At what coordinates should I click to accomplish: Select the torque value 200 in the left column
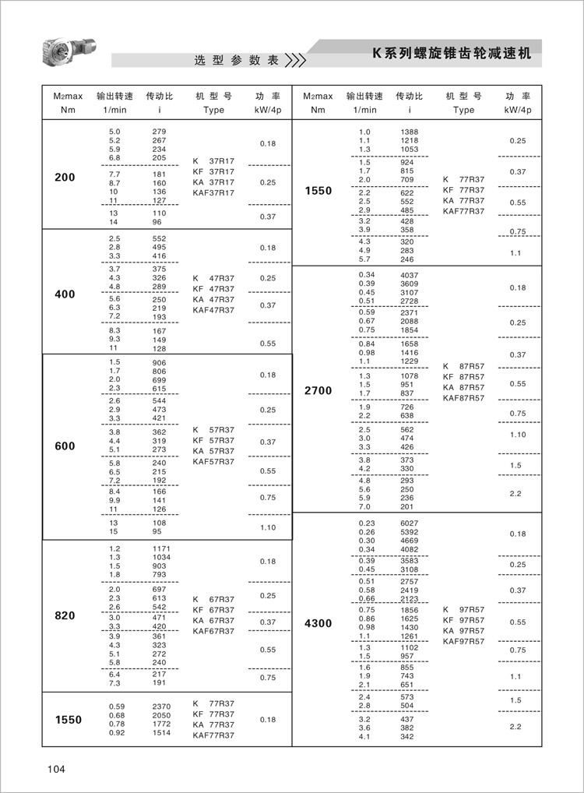[65, 178]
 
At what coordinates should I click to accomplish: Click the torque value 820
[65, 615]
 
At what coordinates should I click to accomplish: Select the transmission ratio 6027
[409, 523]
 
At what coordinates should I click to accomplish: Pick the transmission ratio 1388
[409, 132]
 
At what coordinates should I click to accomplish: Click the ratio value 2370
[161, 706]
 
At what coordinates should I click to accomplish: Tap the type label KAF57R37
[213, 462]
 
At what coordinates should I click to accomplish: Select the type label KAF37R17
[213, 192]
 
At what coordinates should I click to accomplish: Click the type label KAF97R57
[463, 641]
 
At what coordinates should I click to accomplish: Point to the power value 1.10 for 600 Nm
[267, 527]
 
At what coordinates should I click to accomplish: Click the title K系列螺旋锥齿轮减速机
[451, 55]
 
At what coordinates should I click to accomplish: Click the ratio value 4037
[409, 275]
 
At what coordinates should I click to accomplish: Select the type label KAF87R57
[463, 398]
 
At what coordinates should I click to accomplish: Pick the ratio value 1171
[161, 549]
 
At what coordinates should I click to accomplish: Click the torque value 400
[65, 294]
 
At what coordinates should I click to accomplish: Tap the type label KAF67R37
[213, 631]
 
